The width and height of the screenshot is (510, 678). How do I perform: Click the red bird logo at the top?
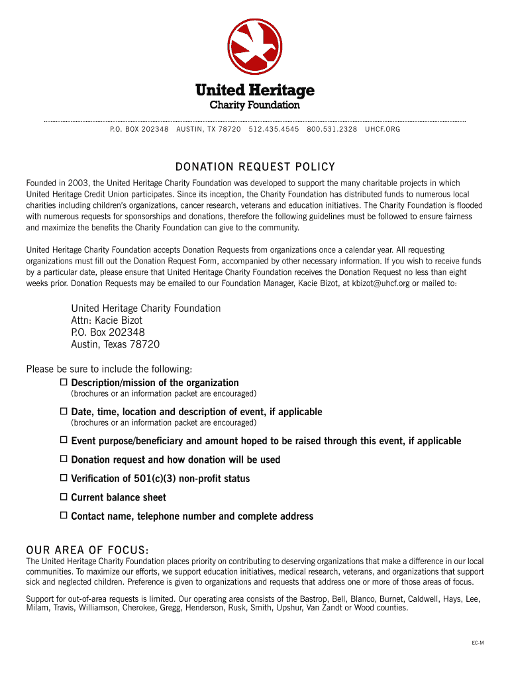coord(255,46)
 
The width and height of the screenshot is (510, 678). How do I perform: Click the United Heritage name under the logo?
coord(255,90)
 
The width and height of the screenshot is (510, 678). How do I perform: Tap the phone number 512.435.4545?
coord(274,129)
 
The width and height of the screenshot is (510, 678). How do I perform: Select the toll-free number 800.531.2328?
coord(332,129)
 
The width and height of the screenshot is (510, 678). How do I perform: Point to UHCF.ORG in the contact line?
coord(382,129)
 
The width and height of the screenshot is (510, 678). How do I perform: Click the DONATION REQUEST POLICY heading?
coord(255,167)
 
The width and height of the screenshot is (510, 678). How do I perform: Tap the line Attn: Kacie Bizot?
coord(107,320)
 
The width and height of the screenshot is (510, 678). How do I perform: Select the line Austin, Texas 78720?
coord(115,344)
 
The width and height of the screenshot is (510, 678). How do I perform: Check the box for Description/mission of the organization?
coord(64,382)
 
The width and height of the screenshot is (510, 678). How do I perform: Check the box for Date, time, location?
coord(64,411)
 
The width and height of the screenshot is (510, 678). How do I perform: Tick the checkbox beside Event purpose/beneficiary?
coord(64,440)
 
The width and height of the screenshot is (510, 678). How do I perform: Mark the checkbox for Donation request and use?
coord(64,459)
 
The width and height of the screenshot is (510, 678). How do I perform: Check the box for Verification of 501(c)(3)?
coord(64,477)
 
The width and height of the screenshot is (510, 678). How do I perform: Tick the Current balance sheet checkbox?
coord(64,497)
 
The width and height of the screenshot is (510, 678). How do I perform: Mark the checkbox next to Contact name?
coord(64,515)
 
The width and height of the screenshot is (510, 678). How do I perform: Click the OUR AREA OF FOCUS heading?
coord(87,551)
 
